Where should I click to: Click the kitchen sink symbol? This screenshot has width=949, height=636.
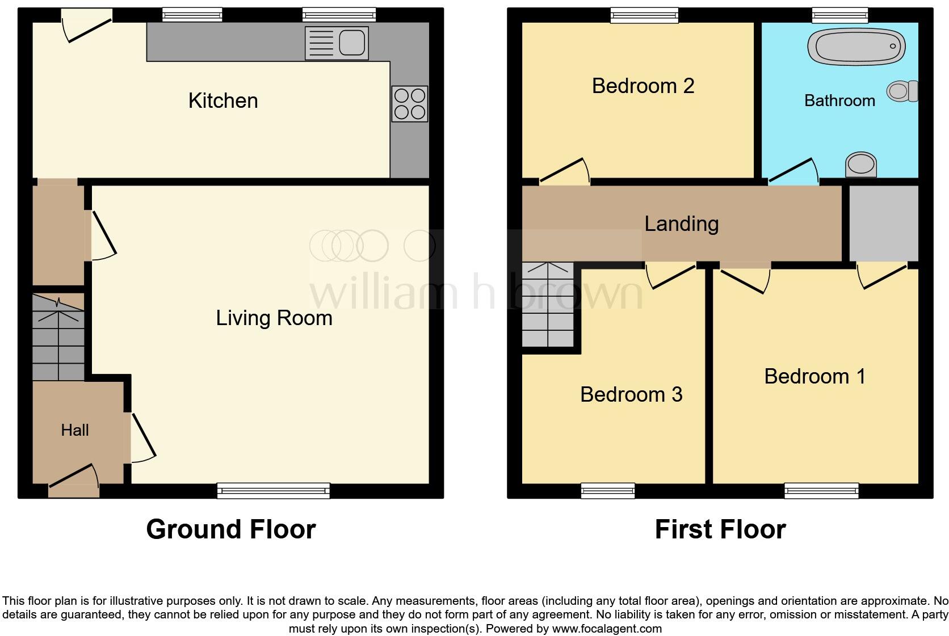click(337, 43)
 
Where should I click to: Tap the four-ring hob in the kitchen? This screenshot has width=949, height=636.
click(409, 104)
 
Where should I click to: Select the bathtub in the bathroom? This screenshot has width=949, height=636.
click(855, 47)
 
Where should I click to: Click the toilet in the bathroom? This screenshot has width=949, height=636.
click(902, 91)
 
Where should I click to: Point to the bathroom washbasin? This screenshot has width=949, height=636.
click(861, 165)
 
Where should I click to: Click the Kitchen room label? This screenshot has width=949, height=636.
click(223, 101)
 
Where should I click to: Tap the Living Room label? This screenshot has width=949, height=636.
click(274, 318)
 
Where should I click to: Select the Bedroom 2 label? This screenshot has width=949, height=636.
click(643, 86)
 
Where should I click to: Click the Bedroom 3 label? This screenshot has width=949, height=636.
click(631, 394)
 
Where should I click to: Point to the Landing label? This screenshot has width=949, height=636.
click(681, 224)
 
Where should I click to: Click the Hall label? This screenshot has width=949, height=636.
click(75, 430)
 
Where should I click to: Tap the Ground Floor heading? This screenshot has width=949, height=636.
click(230, 529)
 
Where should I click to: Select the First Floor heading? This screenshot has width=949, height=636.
click(720, 529)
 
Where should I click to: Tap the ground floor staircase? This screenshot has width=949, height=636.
click(58, 338)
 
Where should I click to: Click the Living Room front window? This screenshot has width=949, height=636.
click(273, 491)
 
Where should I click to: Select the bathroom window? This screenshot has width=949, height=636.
click(839, 15)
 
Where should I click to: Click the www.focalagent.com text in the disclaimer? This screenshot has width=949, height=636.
click(607, 629)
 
